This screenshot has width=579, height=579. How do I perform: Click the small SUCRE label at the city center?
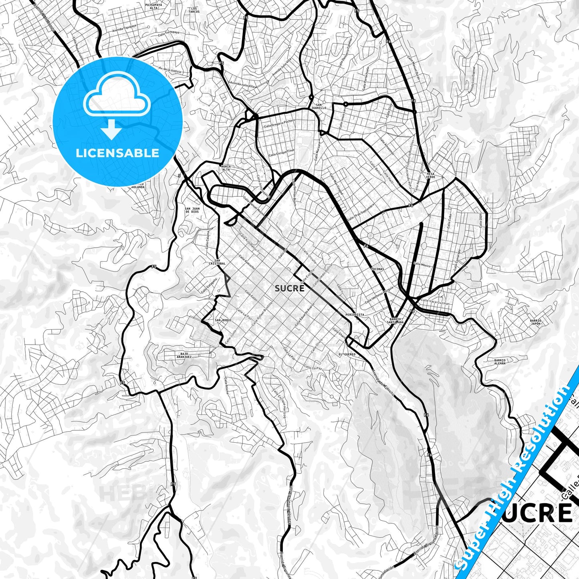pyautogui.click(x=289, y=288)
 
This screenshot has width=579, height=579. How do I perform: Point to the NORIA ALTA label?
pyautogui.click(x=226, y=168)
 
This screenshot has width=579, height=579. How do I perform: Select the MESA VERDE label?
pyautogui.click(x=430, y=175)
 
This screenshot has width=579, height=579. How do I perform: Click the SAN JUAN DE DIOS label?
pyautogui.click(x=192, y=210)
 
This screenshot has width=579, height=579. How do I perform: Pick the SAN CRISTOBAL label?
pyautogui.click(x=217, y=262)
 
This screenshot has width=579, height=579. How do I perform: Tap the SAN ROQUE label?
pyautogui.click(x=223, y=321)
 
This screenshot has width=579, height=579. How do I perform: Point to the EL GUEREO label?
pyautogui.click(x=347, y=355)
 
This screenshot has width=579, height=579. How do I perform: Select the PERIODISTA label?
pyautogui.click(x=355, y=315)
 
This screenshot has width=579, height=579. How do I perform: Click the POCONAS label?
pyautogui.click(x=378, y=269)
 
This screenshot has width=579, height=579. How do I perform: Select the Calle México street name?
pyautogui.click(x=422, y=265)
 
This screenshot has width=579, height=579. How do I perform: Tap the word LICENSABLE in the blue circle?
pyautogui.click(x=117, y=153)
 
